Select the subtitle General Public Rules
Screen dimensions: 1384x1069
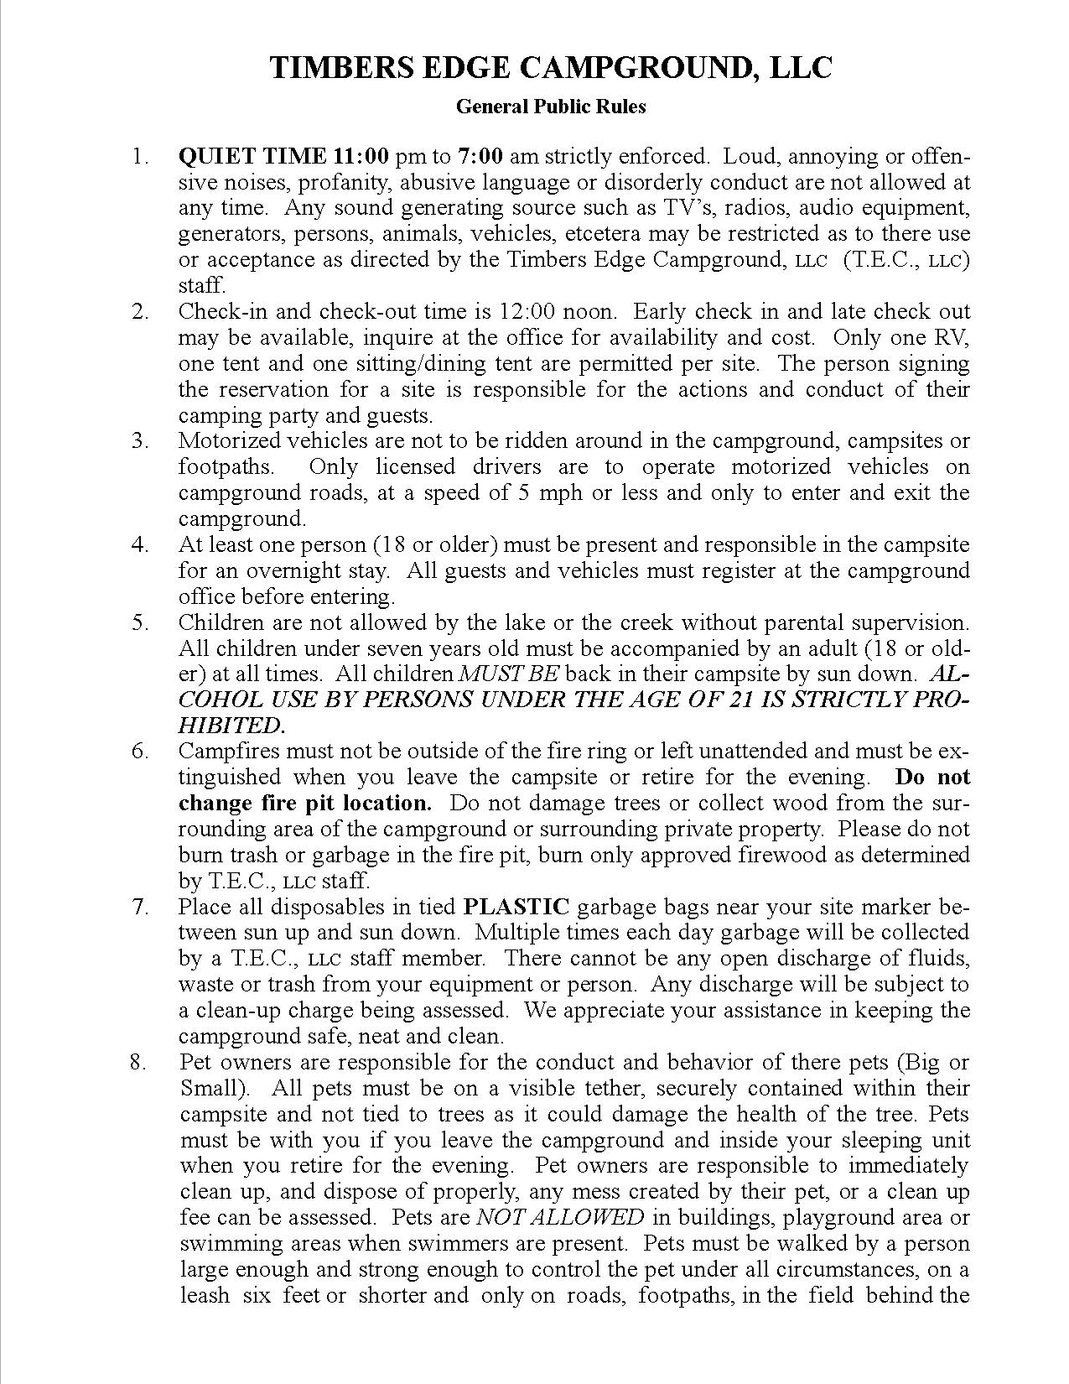(551, 107)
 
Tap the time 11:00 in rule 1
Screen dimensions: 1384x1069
(361, 156)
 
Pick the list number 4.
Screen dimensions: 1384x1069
(139, 544)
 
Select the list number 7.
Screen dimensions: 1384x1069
(139, 907)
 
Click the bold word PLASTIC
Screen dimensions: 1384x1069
(516, 907)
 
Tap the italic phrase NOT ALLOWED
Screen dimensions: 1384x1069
(560, 1217)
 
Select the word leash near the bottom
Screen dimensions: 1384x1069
(205, 1295)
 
